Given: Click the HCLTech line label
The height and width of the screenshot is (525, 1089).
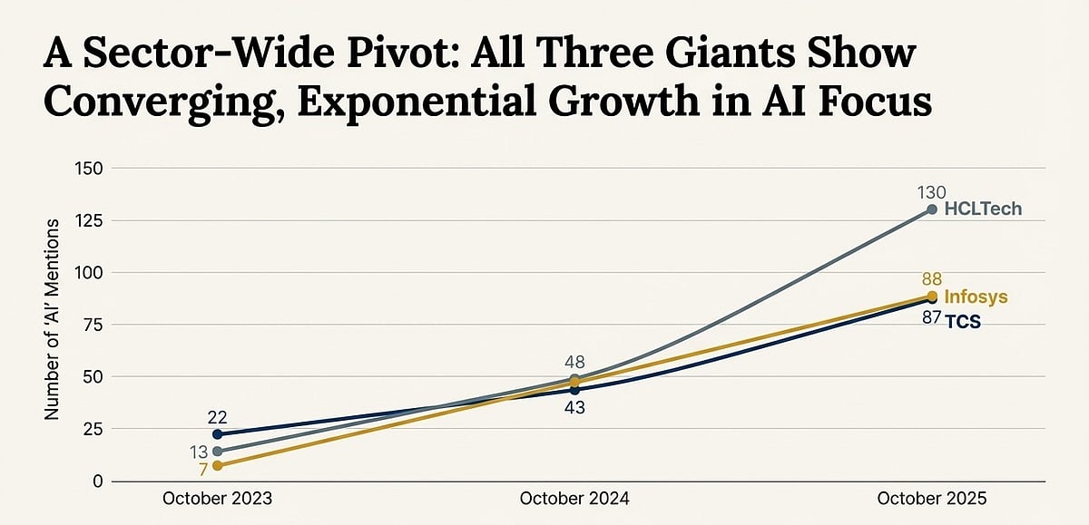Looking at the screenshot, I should (983, 209).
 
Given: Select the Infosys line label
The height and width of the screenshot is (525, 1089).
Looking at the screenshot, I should (976, 297).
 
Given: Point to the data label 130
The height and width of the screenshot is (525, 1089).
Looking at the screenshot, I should (931, 192).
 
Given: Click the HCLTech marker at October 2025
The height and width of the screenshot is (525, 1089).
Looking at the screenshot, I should (932, 209).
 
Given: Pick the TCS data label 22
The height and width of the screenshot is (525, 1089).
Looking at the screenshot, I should (217, 416).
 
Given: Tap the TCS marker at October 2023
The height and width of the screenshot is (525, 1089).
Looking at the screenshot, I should (217, 434).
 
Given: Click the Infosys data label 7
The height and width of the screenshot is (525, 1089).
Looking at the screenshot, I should (202, 468).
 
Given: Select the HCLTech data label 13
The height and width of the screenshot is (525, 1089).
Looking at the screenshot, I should (199, 452).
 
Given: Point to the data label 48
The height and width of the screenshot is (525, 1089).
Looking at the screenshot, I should (574, 362).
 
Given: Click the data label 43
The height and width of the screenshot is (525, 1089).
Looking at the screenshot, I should (574, 408).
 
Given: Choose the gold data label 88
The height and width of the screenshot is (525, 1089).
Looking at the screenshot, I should (931, 279).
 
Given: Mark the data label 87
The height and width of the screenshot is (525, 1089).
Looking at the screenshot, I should (930, 319).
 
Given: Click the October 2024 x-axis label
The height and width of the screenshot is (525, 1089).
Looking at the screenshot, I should (574, 499).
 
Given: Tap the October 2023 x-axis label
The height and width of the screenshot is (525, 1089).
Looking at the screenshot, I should (217, 499).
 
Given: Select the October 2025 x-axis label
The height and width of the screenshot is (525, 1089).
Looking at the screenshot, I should (931, 499).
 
